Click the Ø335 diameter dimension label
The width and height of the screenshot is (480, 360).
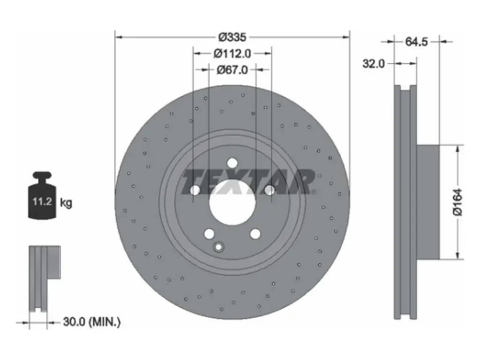click(232, 37)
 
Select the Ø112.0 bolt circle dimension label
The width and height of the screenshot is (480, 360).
click(232, 54)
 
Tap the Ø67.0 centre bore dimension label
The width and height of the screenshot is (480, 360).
click(232, 70)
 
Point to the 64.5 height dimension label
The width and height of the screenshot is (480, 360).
click(416, 42)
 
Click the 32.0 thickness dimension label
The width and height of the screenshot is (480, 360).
click(374, 64)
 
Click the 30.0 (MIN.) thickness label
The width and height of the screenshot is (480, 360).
click(92, 322)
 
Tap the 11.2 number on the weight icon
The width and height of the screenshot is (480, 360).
click(42, 202)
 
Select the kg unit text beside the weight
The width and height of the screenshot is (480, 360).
click(66, 202)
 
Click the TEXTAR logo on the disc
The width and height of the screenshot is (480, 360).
click(248, 182)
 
